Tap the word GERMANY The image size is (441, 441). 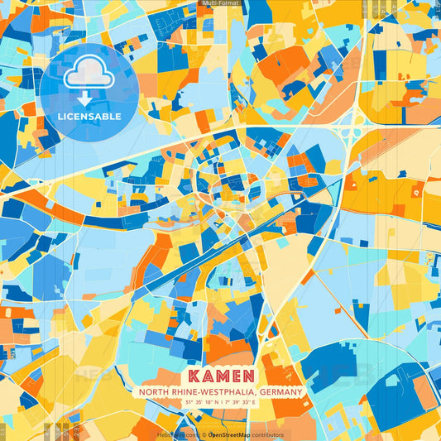280,391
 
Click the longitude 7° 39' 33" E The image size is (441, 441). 242,402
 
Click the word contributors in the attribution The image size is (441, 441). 265,434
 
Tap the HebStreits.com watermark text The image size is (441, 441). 176,434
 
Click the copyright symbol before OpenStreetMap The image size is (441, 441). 204,434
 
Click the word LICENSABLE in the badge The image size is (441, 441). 89,117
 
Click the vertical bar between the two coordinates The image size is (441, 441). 221,402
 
